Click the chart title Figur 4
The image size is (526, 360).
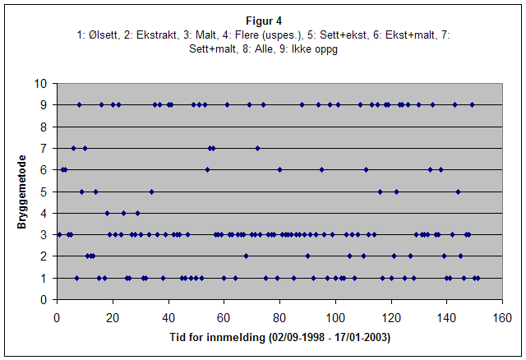pyautogui.click(x=262, y=20)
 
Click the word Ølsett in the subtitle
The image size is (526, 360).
pyautogui.click(x=102, y=35)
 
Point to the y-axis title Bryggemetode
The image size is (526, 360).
pyautogui.click(x=23, y=191)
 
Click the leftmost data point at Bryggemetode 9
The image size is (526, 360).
pyautogui.click(x=79, y=104)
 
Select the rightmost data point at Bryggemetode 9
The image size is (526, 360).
pyautogui.click(x=472, y=104)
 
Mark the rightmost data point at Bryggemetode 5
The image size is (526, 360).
pyautogui.click(x=458, y=192)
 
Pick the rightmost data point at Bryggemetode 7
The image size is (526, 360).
pyautogui.click(x=257, y=148)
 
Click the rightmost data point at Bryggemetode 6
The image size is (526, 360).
pyautogui.click(x=441, y=169)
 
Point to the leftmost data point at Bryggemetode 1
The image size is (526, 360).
pyautogui.click(x=76, y=278)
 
